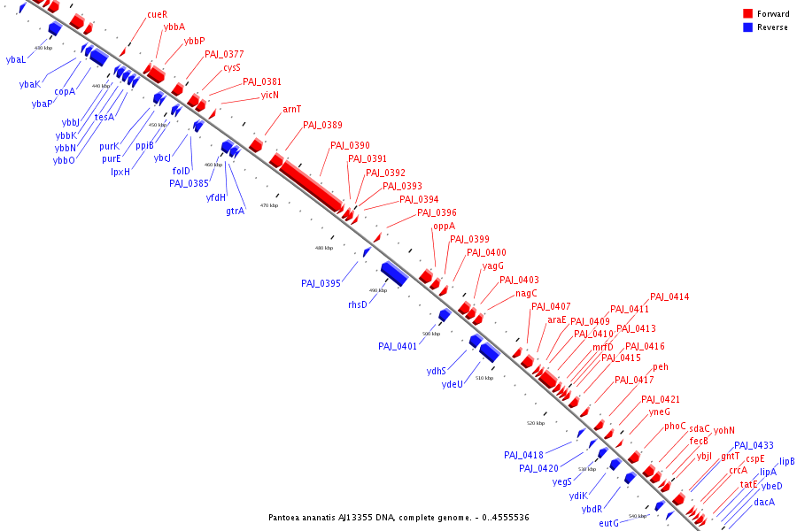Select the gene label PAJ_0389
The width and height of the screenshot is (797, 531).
[322, 126]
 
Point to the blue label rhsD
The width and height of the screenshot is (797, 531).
[357, 304]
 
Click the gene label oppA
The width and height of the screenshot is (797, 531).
[444, 227]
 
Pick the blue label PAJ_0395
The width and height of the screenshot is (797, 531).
[321, 283]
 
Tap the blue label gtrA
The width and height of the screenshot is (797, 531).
[235, 211]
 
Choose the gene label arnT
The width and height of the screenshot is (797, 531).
[291, 110]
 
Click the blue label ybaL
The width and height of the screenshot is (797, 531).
[16, 59]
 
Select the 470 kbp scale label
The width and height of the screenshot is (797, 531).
[269, 205]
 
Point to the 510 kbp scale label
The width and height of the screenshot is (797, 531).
[484, 378]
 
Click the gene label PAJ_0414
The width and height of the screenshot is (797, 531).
[669, 297]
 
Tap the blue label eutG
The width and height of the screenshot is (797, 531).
[608, 523]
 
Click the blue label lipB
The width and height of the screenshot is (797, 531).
[786, 462]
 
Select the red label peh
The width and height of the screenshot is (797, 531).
[661, 367]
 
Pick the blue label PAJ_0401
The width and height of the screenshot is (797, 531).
[398, 346]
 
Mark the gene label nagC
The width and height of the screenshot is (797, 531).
[526, 293]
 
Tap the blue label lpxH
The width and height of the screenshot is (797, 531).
[120, 172]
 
